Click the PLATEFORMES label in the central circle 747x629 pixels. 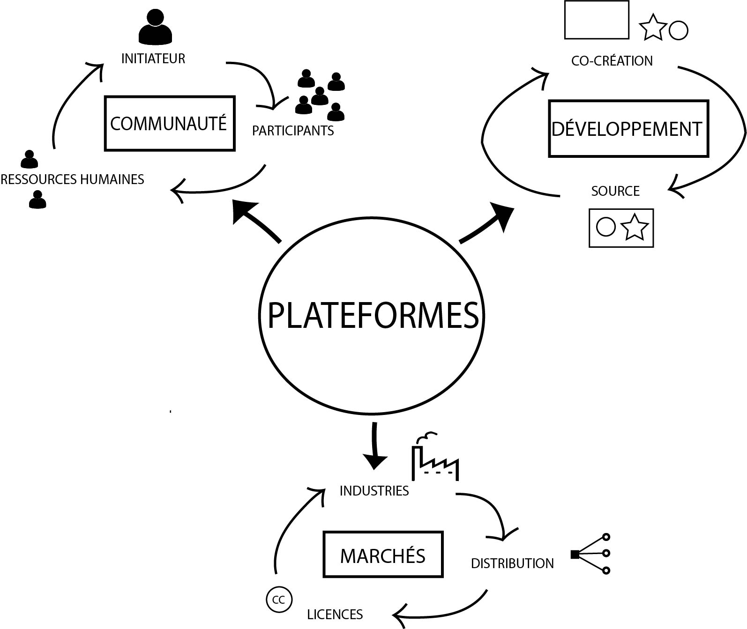(373, 315)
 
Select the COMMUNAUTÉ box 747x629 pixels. (169, 124)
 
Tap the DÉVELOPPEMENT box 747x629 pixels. (628, 129)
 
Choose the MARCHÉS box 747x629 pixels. (383, 555)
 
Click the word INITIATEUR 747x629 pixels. (153, 59)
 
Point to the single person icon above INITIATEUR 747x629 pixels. (155, 28)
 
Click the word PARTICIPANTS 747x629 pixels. (293, 131)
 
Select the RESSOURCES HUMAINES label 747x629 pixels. (72, 179)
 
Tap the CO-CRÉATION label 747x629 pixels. (612, 61)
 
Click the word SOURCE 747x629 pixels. (615, 191)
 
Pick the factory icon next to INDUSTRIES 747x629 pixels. (434, 459)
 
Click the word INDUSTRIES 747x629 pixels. (374, 491)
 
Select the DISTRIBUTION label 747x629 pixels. (512, 563)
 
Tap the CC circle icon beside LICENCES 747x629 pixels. (279, 600)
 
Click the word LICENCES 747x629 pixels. (335, 614)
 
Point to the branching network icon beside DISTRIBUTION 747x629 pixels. (591, 554)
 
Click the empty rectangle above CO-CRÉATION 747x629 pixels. (597, 20)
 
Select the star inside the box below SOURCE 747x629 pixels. (635, 228)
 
